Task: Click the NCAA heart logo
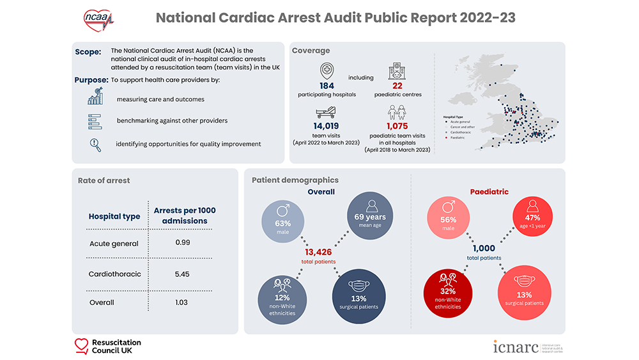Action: (x=97, y=17)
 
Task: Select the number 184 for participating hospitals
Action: (x=327, y=86)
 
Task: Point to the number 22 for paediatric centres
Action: (x=398, y=86)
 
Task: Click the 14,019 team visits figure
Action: (x=327, y=127)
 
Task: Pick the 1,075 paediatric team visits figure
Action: (x=397, y=127)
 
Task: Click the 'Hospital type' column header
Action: (x=114, y=217)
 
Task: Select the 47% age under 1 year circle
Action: (x=531, y=221)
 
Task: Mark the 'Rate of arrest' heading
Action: (x=104, y=180)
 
